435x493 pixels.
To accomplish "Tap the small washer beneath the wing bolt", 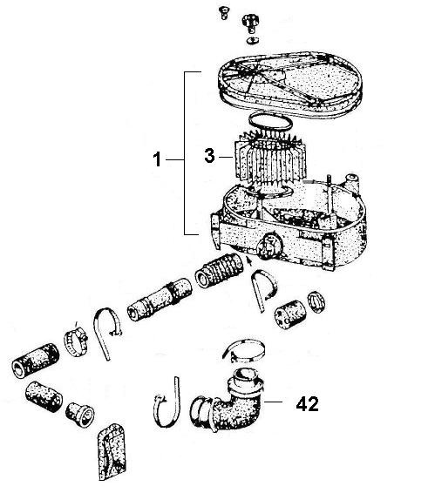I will [x=253, y=40].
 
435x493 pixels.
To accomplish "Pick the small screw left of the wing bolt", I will [x=222, y=11].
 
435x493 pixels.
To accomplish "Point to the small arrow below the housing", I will [x=251, y=259].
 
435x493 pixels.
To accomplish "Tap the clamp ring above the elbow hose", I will [x=244, y=352].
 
